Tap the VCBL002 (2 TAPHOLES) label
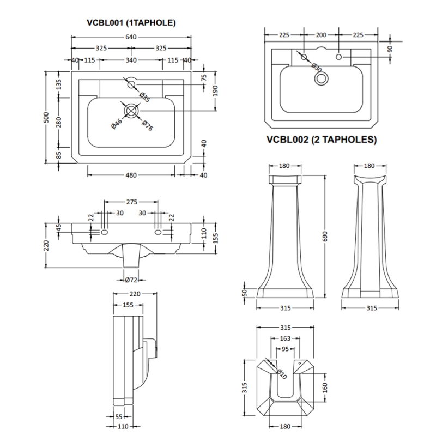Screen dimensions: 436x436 click(322, 139)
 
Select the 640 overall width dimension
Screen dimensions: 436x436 click(131, 37)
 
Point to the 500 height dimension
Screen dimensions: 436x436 click(47, 117)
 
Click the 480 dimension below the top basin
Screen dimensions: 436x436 click(131, 175)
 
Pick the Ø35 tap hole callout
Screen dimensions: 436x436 click(145, 96)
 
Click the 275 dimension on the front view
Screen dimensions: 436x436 click(131, 202)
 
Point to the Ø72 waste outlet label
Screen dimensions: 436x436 click(131, 280)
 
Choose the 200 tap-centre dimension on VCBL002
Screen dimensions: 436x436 click(321, 35)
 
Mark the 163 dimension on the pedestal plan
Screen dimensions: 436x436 click(284, 339)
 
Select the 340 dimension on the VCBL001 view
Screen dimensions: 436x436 click(131, 60)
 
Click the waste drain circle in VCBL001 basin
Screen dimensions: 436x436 click(131, 111)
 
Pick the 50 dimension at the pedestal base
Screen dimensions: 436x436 click(245, 293)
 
